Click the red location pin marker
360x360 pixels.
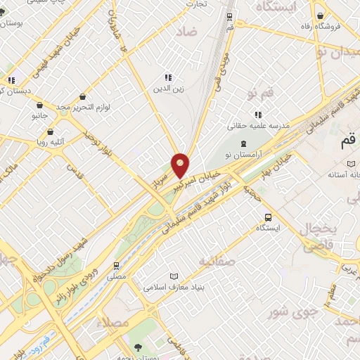coord(180,165)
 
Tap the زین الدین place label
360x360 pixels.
coord(168,89)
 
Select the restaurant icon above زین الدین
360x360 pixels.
coord(168,77)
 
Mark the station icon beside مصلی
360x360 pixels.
coord(117,265)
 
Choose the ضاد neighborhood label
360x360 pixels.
coord(188,32)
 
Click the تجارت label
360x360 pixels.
coord(196,4)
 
